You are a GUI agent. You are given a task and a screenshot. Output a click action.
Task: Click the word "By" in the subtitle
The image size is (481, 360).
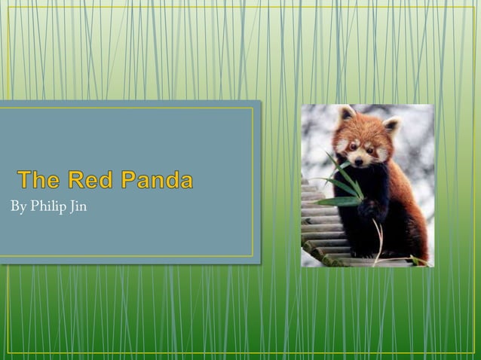18,206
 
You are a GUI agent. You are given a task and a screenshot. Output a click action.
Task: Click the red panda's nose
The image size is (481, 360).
359,159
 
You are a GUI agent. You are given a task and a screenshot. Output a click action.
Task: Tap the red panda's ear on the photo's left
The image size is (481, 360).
346,114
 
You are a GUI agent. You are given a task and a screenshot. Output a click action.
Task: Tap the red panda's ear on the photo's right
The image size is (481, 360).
391,124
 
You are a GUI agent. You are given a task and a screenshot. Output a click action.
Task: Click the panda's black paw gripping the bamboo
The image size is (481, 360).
369,208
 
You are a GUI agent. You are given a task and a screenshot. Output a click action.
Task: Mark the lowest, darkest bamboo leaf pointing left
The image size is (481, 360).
332,202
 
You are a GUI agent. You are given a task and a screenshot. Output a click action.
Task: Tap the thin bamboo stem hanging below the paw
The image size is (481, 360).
378,241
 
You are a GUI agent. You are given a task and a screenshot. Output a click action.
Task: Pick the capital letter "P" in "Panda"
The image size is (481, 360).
130,180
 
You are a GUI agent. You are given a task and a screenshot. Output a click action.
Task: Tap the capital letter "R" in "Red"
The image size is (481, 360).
77,180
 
